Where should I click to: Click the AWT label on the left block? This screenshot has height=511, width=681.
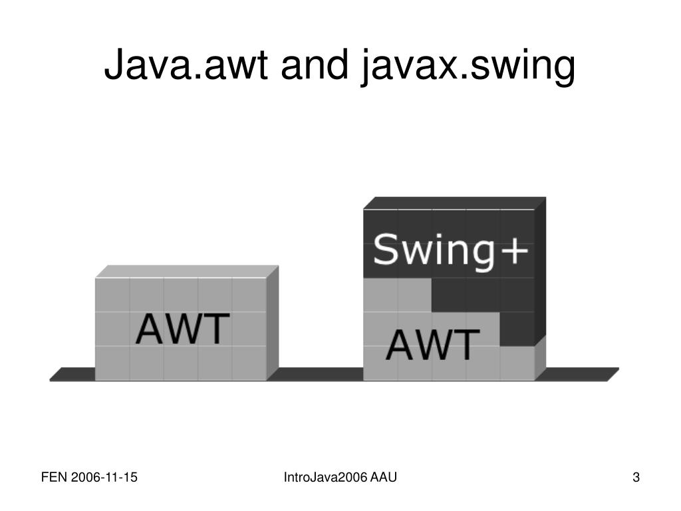[183, 329]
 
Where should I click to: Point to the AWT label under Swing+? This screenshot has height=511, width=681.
[433, 344]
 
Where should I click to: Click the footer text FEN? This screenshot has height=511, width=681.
[52, 477]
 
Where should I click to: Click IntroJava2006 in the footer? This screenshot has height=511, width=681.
[325, 477]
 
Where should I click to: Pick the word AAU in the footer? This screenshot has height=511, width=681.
[384, 477]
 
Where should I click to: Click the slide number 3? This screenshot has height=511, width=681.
[636, 477]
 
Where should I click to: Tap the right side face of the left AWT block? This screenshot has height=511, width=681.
[273, 323]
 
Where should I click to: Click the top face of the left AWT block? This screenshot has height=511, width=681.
[188, 271]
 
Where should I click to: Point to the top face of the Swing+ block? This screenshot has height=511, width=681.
[455, 202]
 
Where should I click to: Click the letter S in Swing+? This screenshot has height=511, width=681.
[386, 250]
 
